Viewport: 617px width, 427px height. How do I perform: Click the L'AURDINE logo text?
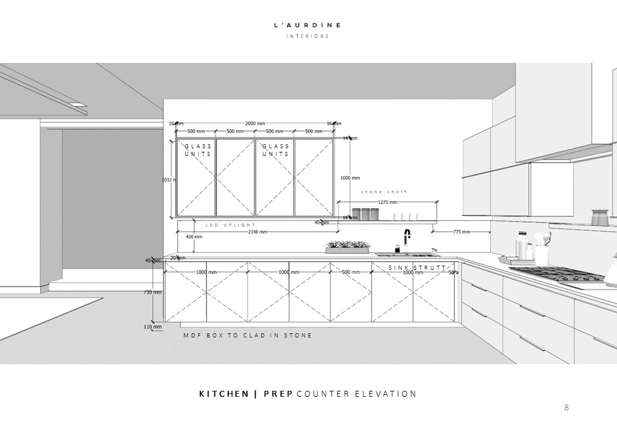[x=307, y=26]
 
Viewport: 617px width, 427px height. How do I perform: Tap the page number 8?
[x=567, y=407]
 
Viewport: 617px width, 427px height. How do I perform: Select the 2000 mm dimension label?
[x=255, y=123]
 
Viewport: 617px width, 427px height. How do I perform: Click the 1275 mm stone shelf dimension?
[x=387, y=202]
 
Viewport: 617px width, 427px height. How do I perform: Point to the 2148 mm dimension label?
[x=257, y=232]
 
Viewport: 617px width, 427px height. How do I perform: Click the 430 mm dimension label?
[x=194, y=237]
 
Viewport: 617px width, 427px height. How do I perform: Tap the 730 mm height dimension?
[x=153, y=292]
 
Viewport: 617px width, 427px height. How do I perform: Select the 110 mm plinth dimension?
[x=153, y=327]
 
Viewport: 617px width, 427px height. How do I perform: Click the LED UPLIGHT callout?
[x=231, y=225]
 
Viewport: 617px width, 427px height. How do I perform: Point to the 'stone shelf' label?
[x=384, y=192]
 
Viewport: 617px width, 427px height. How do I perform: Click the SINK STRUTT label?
[x=417, y=268]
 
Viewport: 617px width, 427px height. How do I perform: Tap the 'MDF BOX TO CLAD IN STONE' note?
[x=247, y=336]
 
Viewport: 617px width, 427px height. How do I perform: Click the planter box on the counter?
[x=348, y=247]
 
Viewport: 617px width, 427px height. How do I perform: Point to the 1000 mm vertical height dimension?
[x=350, y=177]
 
